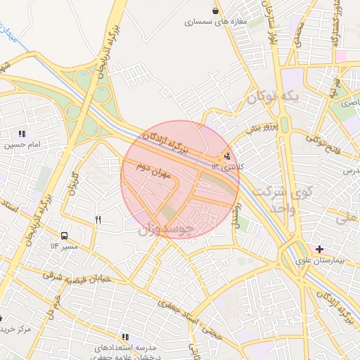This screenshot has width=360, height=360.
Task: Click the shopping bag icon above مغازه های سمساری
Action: coord(214,11)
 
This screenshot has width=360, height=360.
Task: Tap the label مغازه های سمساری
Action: coord(217,22)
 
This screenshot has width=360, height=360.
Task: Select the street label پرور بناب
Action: coord(263,127)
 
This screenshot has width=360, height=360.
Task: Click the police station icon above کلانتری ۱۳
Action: coord(226,157)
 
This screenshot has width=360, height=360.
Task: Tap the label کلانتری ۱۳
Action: coord(226,167)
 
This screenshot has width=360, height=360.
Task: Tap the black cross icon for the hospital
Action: coord(320,249)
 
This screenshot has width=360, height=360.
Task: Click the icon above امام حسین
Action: coord(22,134)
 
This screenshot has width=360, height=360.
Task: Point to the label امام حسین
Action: coord(22,146)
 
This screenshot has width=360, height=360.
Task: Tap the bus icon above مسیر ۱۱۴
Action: coord(65,236)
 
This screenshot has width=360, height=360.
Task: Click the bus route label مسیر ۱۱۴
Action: coord(63,246)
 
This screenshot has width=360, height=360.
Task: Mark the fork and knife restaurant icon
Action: coord(98,220)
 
